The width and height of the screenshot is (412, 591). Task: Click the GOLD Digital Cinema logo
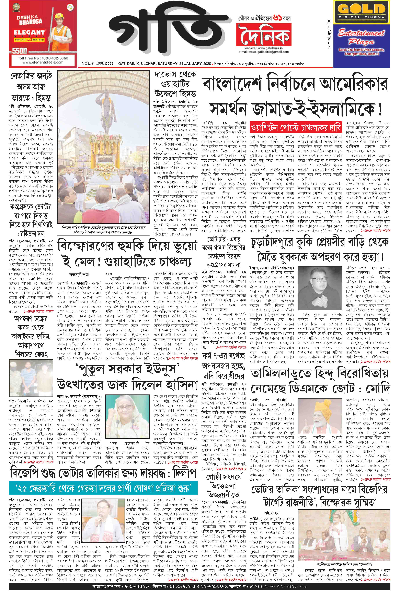361,12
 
